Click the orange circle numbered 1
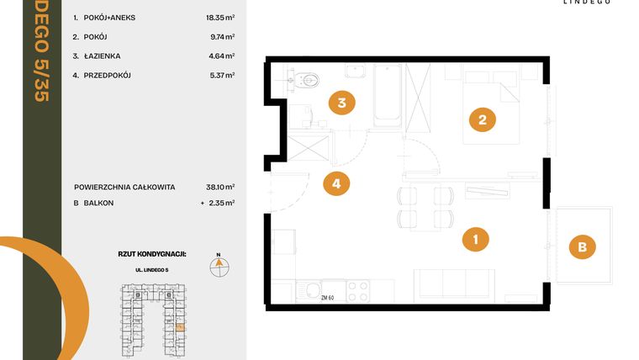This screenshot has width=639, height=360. (476, 239)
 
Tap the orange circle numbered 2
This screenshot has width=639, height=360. (482, 119)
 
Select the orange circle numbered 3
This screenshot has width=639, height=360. (341, 104)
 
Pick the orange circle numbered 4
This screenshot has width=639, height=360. (336, 183)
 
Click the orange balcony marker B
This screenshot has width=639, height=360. (581, 247)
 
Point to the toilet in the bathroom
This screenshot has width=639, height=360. (307, 82)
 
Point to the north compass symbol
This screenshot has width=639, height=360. (218, 266)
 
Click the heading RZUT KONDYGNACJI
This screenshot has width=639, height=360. (151, 252)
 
